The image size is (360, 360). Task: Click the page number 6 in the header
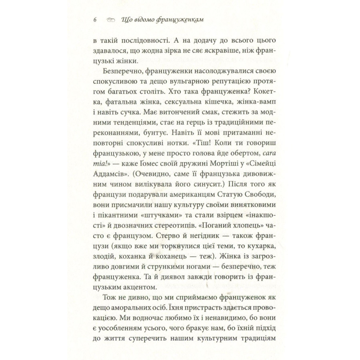click(x=95, y=20)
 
